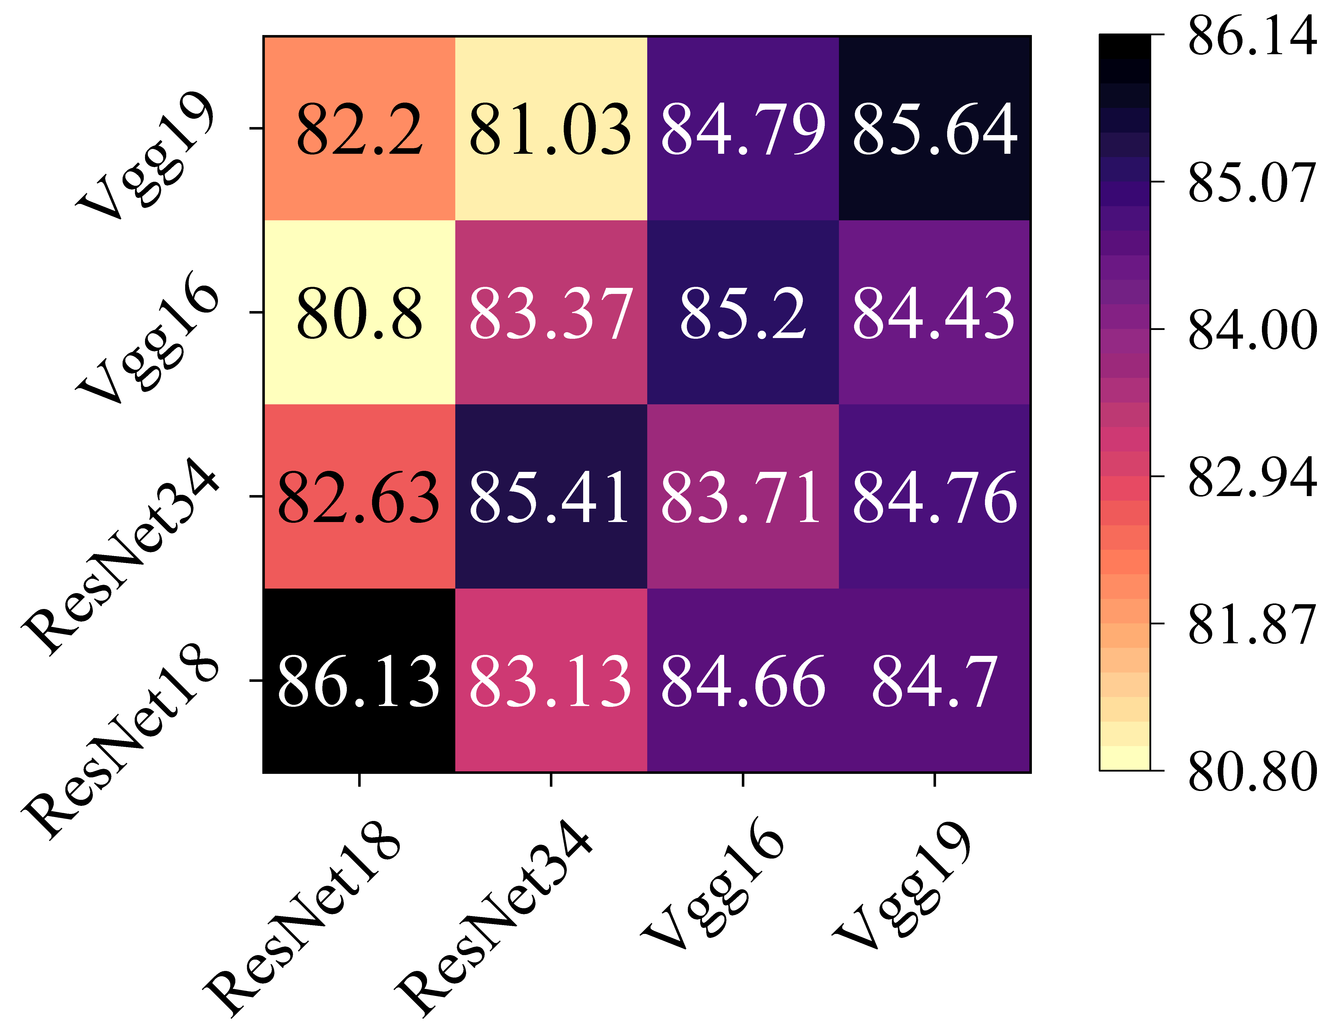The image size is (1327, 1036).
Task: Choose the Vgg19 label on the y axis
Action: tap(146, 155)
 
